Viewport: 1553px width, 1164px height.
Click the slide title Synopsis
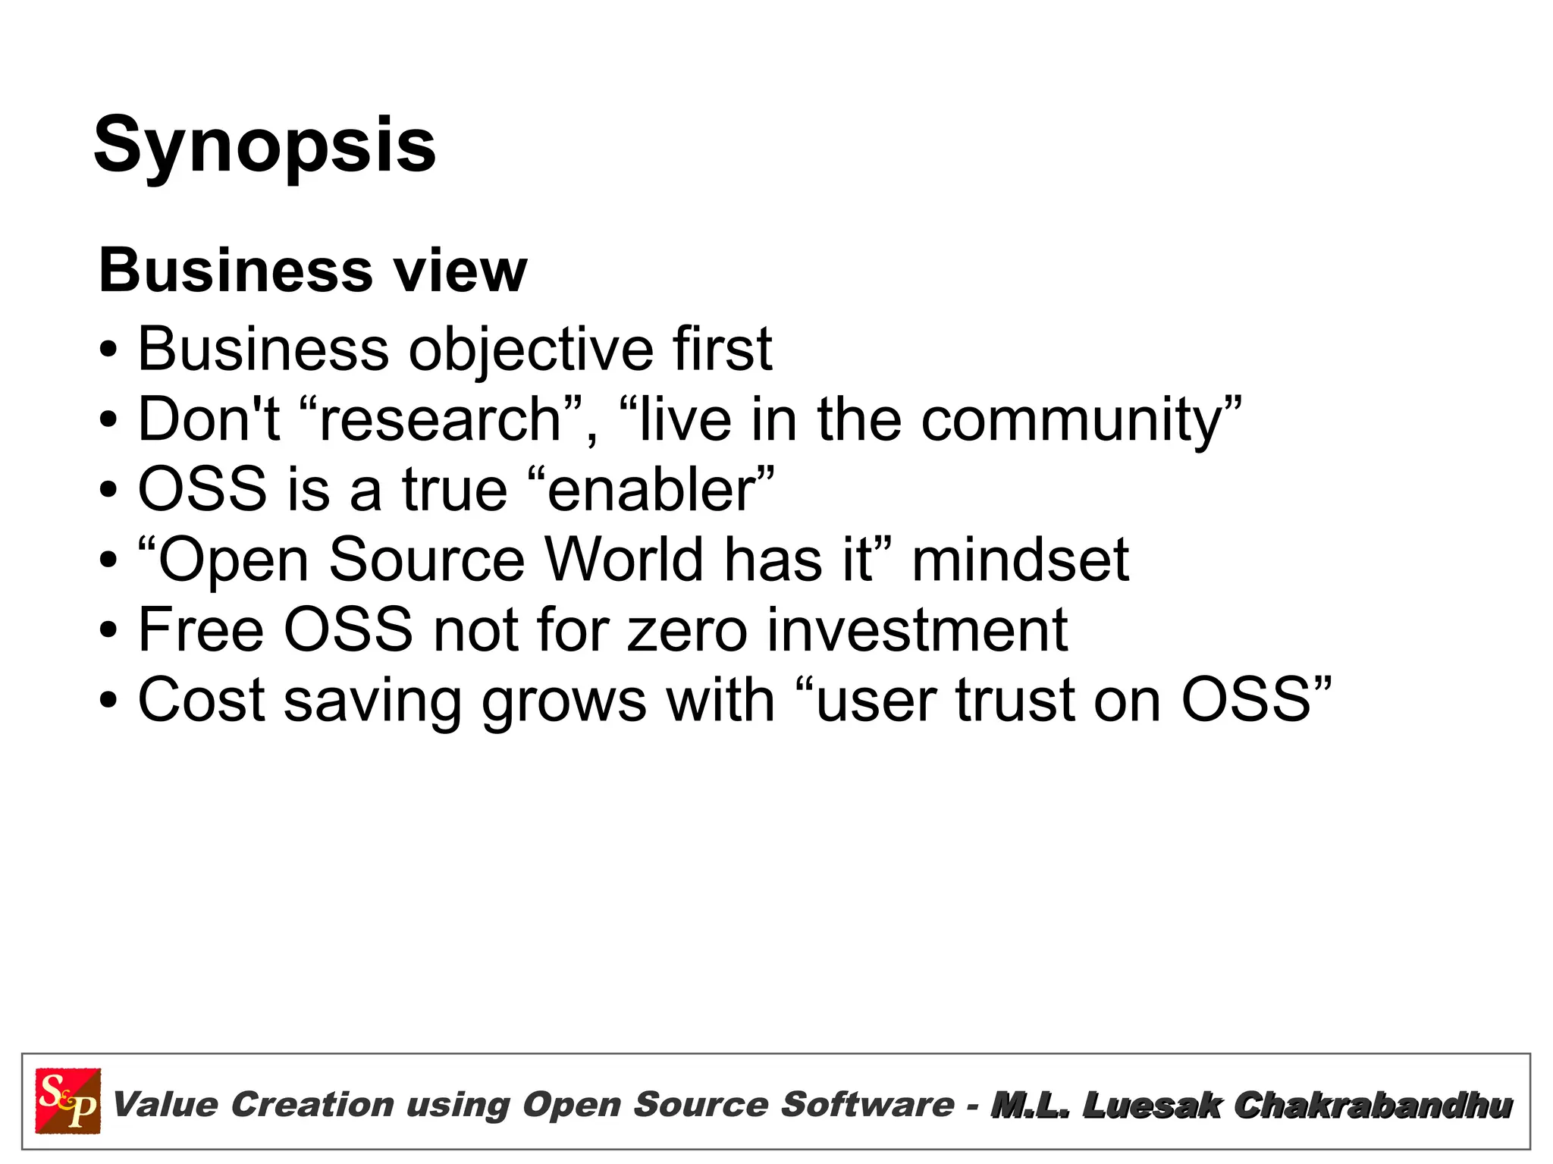point(265,146)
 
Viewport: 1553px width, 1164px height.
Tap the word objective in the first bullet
point(531,350)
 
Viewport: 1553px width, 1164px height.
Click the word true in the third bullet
point(454,489)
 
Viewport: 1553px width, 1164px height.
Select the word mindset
point(1020,560)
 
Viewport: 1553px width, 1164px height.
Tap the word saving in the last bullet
point(372,700)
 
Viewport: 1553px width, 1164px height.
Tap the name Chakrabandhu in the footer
point(1373,1105)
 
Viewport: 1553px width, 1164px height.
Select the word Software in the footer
point(867,1104)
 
